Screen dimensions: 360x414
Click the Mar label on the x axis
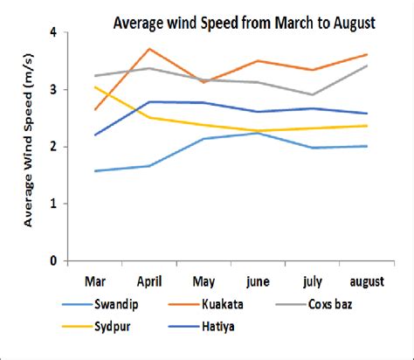94,283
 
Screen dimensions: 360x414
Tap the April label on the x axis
149,283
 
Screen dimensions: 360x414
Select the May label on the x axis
204,283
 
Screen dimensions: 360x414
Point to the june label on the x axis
258,283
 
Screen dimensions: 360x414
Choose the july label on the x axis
313,283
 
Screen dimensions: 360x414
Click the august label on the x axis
366,283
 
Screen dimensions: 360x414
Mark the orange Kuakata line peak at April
149,49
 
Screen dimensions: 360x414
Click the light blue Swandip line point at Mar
94,171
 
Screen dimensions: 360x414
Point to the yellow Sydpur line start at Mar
94,87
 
